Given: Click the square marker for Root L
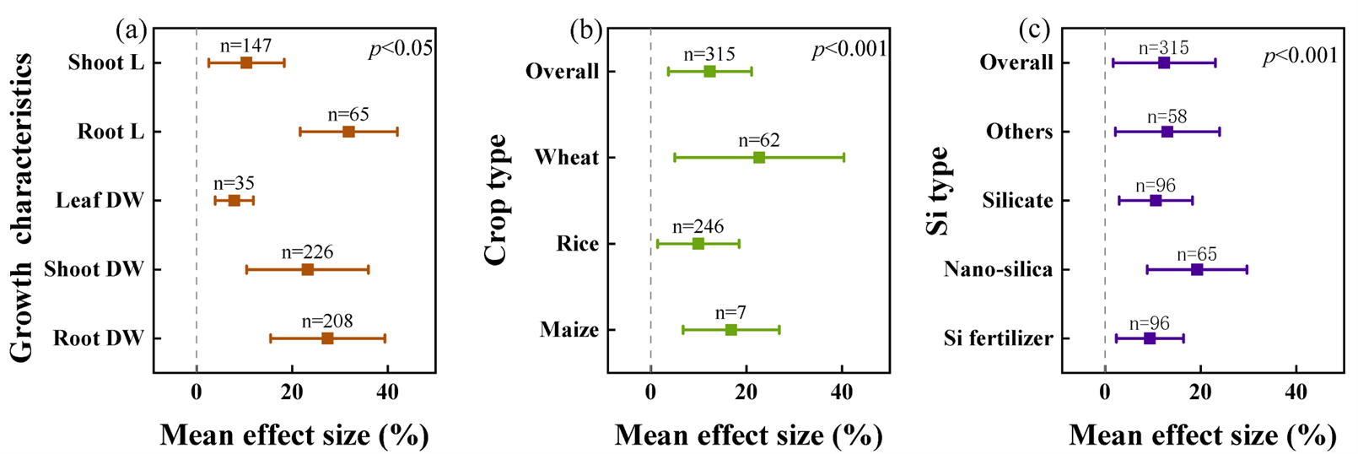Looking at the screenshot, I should tap(348, 132).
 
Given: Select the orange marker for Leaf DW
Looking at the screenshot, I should tap(234, 201).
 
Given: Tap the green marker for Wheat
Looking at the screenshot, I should tap(759, 158).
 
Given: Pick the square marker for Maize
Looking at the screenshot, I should tap(731, 330).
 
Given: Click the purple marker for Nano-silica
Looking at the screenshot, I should tap(1197, 270).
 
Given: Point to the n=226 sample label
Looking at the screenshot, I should tap(307, 252).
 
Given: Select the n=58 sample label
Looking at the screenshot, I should tap(1167, 116).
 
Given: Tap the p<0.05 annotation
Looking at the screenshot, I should tap(401, 49).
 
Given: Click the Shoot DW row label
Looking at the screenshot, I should tap(94, 269).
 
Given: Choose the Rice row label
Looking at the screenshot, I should tap(577, 244).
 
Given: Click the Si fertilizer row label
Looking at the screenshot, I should tap(998, 338).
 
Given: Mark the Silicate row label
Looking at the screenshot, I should tap(1017, 201).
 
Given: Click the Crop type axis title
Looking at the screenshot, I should tap(498, 199).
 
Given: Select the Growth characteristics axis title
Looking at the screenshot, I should tap(24, 207).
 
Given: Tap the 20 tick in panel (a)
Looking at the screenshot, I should tap(292, 392).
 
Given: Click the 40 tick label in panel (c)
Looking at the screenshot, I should tap(1296, 392).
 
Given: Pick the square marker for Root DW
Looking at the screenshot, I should tap(327, 338).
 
